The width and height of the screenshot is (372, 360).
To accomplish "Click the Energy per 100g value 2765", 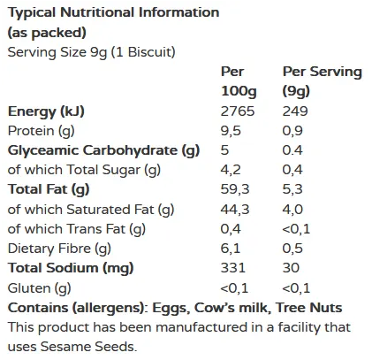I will [236, 111].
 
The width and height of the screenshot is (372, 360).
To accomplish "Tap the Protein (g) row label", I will [42, 130].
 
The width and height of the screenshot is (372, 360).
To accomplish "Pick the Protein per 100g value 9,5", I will [230, 130].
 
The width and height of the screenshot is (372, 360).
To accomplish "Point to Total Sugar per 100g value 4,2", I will [230, 169].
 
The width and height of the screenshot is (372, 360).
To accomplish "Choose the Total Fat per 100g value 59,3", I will [233, 188].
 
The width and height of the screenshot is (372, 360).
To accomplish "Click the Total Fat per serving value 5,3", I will [292, 188].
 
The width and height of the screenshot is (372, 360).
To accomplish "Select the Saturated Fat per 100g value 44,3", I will [233, 209].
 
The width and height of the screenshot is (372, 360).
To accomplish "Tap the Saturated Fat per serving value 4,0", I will [292, 209].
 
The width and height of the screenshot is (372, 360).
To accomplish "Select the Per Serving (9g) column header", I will [321, 80].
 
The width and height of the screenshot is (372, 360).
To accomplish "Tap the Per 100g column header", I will [234, 80].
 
